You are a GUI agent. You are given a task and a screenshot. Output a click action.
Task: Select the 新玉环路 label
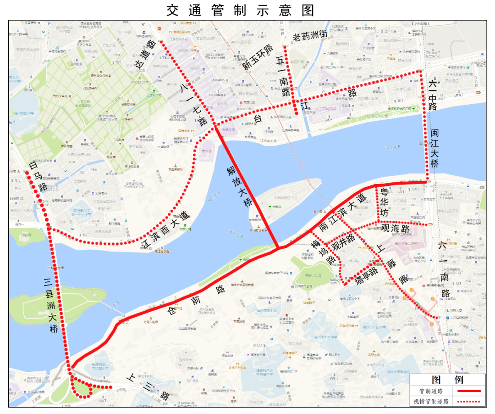point(258,58)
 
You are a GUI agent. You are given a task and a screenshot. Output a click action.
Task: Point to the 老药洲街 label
point(310,34)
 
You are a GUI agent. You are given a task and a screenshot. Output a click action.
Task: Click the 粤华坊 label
point(384,201)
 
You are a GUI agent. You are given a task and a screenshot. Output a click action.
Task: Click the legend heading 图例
point(447,380)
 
